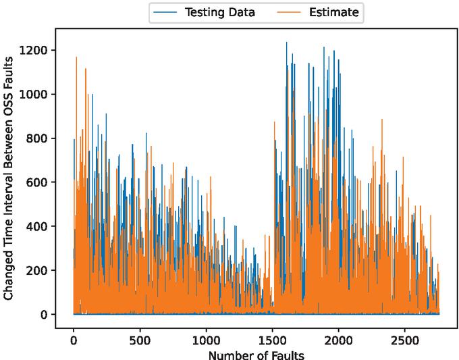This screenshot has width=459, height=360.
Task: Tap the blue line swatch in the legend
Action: pyautogui.click(x=167, y=11)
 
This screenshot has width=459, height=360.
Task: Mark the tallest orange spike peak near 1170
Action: pyautogui.click(x=76, y=57)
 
